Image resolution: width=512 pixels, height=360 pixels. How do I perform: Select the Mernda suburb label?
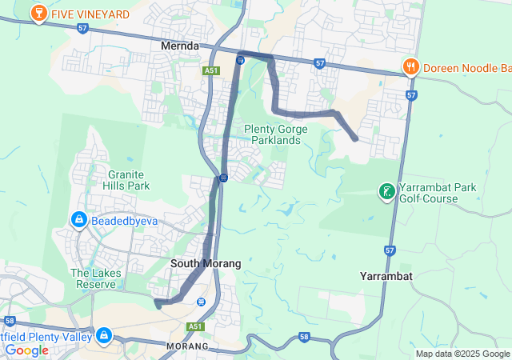pos(180,46)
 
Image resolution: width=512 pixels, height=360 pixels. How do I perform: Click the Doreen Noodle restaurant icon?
pos(410,66)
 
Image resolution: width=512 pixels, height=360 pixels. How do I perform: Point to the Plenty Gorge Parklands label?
pos(272,134)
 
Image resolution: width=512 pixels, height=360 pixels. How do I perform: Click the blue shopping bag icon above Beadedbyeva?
pos(79,218)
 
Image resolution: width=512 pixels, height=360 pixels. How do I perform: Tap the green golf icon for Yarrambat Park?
pos(387,191)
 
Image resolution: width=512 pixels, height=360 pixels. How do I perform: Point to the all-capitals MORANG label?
pos(187,346)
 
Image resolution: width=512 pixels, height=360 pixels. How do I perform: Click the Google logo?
pos(26,350)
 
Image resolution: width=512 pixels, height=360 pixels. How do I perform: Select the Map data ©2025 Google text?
pos(462,354)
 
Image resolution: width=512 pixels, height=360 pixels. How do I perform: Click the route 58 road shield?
pos(305,338)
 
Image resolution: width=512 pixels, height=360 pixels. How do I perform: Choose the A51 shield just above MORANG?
pos(195,326)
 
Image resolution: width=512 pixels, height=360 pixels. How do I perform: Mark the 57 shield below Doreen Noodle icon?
pos(411,95)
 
